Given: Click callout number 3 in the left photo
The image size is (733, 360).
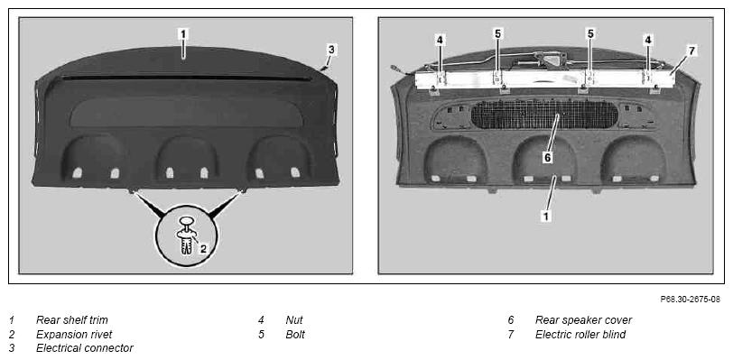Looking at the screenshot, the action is [x=331, y=49].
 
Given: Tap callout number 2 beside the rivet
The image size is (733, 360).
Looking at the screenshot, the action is [x=203, y=249].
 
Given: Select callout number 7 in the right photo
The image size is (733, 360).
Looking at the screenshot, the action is [x=692, y=50].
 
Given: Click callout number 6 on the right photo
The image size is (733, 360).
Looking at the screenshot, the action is [x=547, y=158].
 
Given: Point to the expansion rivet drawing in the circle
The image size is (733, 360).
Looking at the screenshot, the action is [x=187, y=235].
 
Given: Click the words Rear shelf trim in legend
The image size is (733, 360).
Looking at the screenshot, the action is [x=72, y=319].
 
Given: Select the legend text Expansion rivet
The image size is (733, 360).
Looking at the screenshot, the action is [x=74, y=334].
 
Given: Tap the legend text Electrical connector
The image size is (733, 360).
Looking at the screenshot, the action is [x=85, y=348].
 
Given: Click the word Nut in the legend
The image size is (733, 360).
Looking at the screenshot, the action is [x=294, y=319].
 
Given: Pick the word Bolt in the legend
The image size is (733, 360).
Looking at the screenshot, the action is [x=295, y=334].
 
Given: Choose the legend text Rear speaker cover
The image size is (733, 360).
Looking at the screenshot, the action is [x=583, y=319].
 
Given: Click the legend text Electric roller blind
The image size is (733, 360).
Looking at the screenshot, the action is [x=580, y=334].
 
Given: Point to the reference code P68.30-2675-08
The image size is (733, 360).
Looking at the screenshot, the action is [x=690, y=300].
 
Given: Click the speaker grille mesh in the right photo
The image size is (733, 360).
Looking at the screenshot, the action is [x=544, y=115].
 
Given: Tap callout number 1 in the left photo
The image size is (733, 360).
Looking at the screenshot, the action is [x=183, y=34].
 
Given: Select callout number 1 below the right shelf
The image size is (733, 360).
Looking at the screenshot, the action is [x=545, y=216].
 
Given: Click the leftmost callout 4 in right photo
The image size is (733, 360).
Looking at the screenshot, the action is [x=440, y=41].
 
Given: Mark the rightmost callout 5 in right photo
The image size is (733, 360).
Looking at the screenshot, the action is [x=590, y=33].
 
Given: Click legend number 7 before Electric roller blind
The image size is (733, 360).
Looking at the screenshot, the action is [x=511, y=334].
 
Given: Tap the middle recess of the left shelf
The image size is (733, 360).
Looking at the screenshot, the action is [x=187, y=158].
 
